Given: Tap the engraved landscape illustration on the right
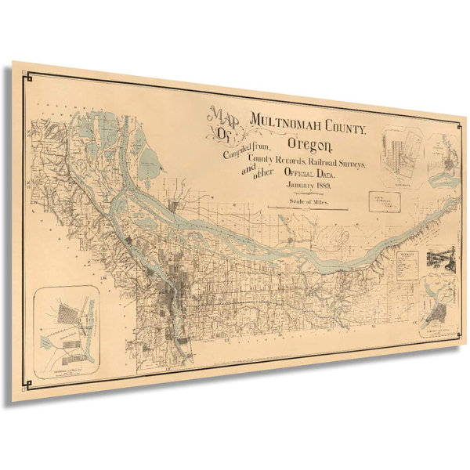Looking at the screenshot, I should (439, 262).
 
